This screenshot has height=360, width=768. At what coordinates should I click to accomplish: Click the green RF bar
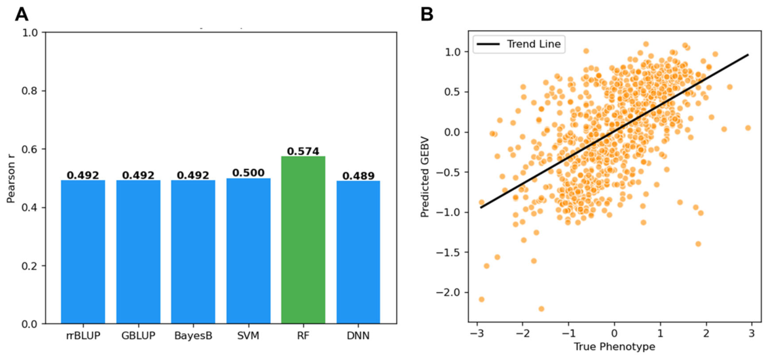(x=303, y=240)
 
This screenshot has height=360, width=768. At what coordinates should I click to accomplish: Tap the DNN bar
(x=358, y=252)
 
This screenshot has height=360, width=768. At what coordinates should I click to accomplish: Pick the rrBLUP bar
(x=82, y=252)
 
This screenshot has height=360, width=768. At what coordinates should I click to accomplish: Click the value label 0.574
(x=303, y=151)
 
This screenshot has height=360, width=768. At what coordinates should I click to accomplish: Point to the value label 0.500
(x=248, y=172)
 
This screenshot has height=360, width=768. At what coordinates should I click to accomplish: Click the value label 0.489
(x=358, y=175)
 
